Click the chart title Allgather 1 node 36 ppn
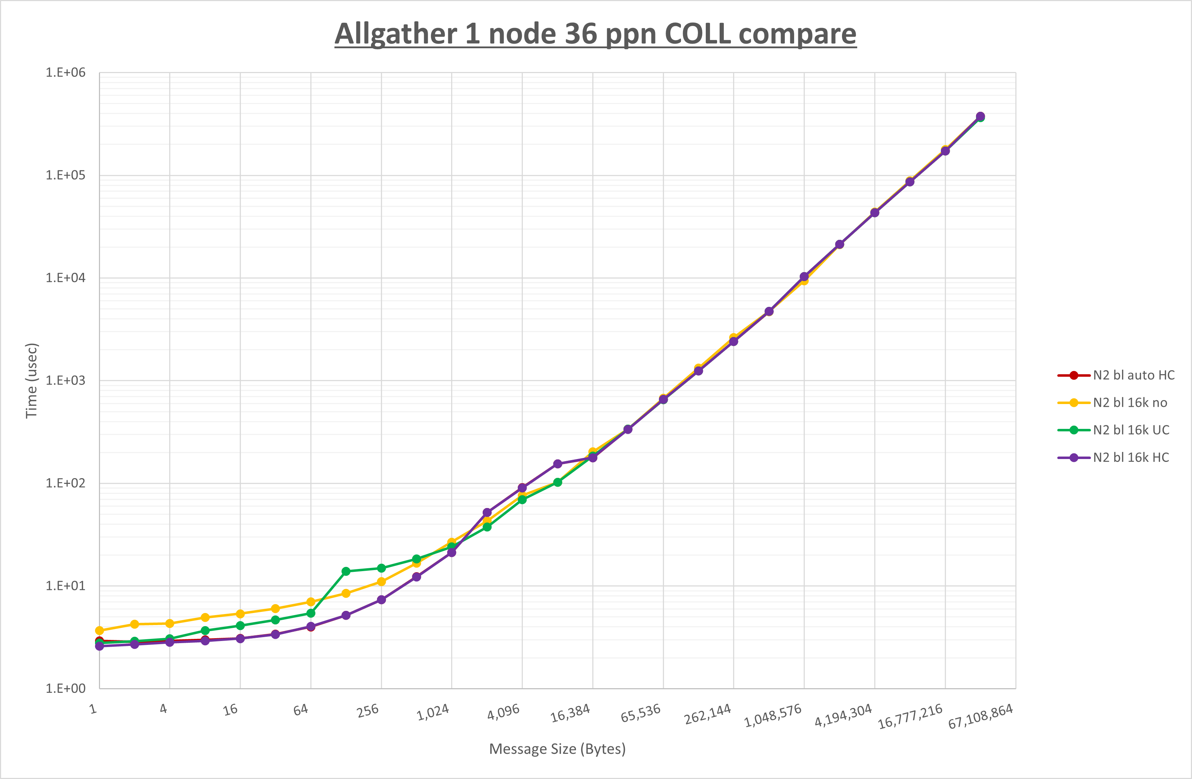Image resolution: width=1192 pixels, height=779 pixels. click(x=595, y=34)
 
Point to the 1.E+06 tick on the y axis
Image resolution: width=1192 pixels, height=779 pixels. click(x=66, y=73)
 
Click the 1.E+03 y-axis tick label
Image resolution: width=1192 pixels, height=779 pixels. click(x=66, y=380)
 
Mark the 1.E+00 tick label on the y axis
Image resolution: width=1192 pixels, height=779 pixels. click(x=66, y=688)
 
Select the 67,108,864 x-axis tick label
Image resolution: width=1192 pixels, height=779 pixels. click(x=980, y=716)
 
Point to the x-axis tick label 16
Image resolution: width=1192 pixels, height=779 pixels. click(x=231, y=709)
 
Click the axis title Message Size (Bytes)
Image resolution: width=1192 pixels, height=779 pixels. click(x=557, y=749)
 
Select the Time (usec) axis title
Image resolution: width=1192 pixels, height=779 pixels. click(x=32, y=380)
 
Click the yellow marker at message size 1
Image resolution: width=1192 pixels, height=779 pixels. click(x=99, y=630)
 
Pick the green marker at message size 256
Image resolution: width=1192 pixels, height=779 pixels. click(x=381, y=568)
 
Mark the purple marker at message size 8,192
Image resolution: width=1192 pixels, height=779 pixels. click(x=558, y=464)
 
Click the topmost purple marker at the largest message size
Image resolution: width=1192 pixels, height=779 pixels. click(x=980, y=116)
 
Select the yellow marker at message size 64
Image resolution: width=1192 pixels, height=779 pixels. click(x=311, y=602)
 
